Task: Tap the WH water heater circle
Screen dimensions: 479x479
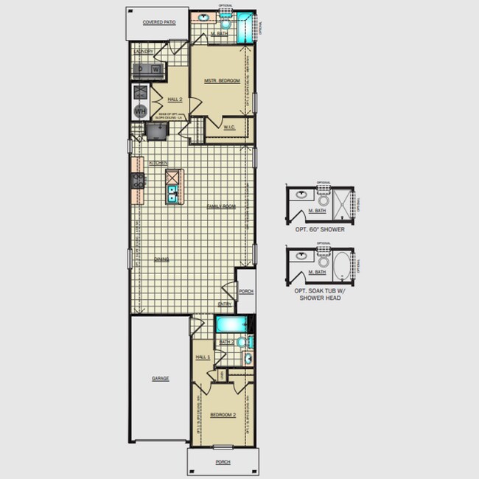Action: [140, 111]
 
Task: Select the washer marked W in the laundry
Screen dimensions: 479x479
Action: [156, 69]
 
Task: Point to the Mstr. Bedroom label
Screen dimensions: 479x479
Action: [222, 80]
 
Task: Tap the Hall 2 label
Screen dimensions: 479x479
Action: [175, 99]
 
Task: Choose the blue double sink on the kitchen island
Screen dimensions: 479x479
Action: [172, 194]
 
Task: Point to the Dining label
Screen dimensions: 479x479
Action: [161, 259]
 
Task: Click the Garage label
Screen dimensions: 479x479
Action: [160, 378]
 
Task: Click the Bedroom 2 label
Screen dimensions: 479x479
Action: [223, 415]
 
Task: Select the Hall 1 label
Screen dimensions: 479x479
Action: [203, 357]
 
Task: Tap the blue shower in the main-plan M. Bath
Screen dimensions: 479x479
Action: [246, 25]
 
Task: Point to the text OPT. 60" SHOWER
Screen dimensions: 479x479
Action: [320, 229]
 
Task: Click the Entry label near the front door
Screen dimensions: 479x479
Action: [225, 304]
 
